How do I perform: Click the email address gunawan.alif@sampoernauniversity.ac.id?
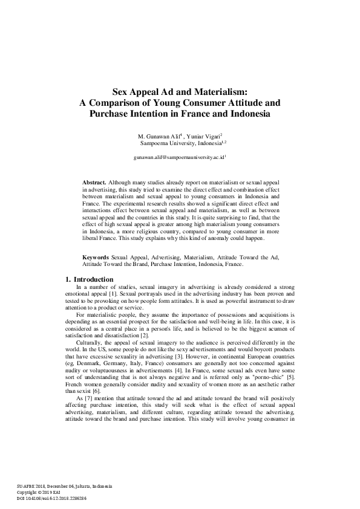coord(179,157)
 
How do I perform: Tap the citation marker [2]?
coord(145,334)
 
